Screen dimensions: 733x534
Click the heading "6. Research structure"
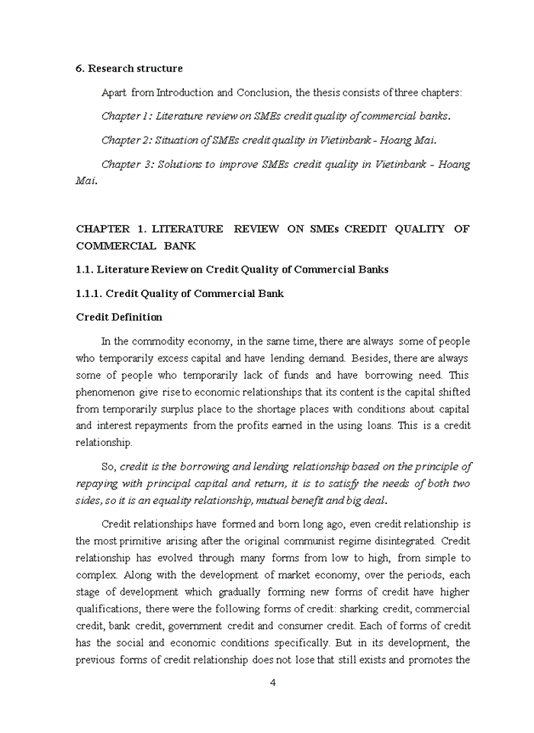(x=129, y=68)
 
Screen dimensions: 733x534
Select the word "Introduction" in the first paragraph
(x=185, y=92)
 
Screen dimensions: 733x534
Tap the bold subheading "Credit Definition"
(x=119, y=317)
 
